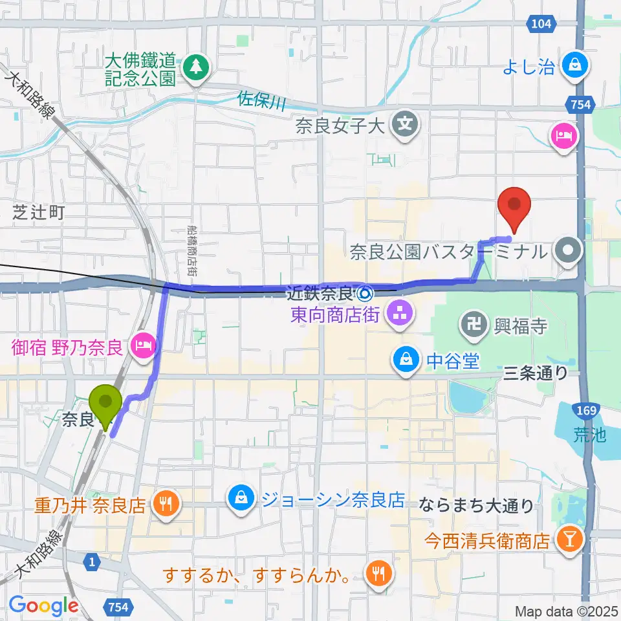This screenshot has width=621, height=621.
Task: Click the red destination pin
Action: (x=515, y=206)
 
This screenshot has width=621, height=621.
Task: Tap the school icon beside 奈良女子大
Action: (x=405, y=123)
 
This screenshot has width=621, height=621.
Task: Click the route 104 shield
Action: (x=540, y=24)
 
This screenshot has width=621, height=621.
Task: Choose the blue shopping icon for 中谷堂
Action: (x=407, y=360)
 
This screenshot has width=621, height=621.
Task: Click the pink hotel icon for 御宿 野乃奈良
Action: (x=142, y=348)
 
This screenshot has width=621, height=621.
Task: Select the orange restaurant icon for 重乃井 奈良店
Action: (x=166, y=503)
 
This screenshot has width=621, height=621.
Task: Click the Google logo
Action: (x=44, y=605)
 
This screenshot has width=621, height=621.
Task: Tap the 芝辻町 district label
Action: (x=38, y=212)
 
